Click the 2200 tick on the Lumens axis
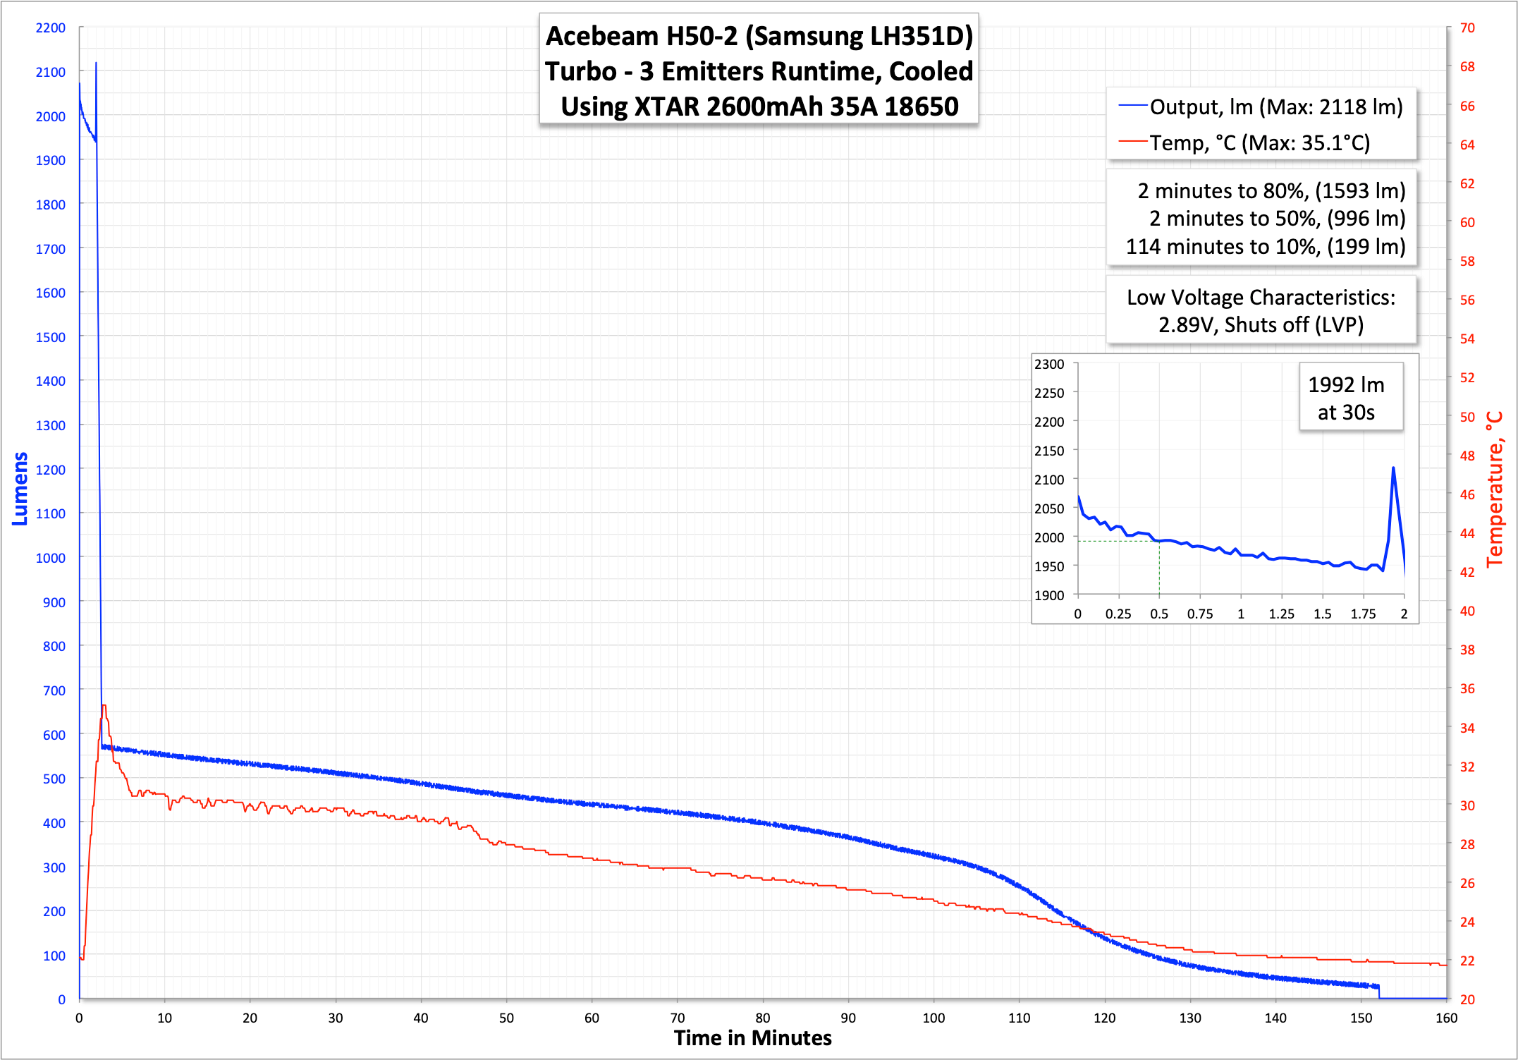[x=50, y=28]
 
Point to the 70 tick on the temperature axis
[x=1467, y=28]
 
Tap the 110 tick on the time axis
[x=1019, y=1018]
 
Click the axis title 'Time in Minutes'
[x=752, y=1038]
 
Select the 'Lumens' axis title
[x=20, y=488]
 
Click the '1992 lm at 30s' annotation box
[x=1346, y=398]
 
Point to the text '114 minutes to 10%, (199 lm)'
[x=1265, y=247]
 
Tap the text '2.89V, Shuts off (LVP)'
[x=1261, y=325]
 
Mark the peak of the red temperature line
[x=104, y=706]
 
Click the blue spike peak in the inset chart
[x=1393, y=468]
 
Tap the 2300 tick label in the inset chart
[x=1049, y=365]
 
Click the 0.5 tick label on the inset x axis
[x=1159, y=614]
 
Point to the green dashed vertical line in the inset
[x=1159, y=568]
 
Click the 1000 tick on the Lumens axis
[x=50, y=558]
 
